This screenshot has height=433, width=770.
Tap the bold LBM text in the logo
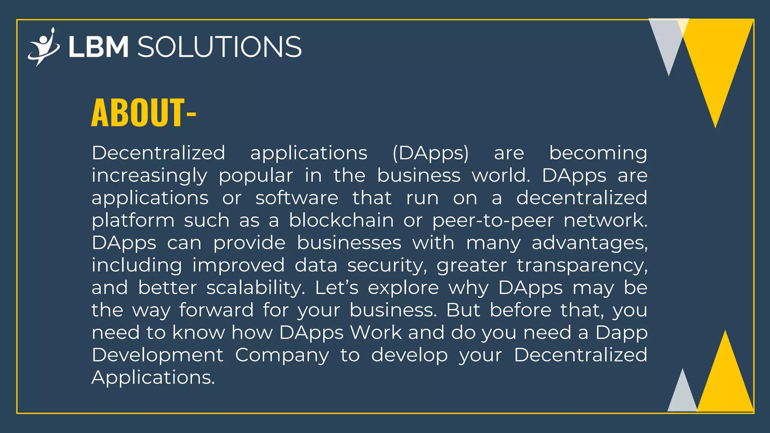[x=99, y=47]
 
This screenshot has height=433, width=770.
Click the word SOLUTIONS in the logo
[x=220, y=47]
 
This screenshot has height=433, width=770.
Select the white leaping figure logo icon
[x=44, y=47]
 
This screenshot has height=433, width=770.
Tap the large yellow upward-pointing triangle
[x=725, y=380]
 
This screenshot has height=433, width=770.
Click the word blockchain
[x=341, y=220]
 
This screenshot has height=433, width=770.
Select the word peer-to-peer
[x=493, y=221]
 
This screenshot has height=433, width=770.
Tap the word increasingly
[x=149, y=176]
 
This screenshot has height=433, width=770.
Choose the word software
[x=297, y=198]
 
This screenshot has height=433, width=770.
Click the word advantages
[x=590, y=243]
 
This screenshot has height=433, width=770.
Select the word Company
[x=282, y=356]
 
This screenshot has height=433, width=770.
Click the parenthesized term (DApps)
[x=430, y=153]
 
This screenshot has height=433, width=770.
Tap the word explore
[x=403, y=288]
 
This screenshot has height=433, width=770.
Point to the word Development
[x=158, y=355]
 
